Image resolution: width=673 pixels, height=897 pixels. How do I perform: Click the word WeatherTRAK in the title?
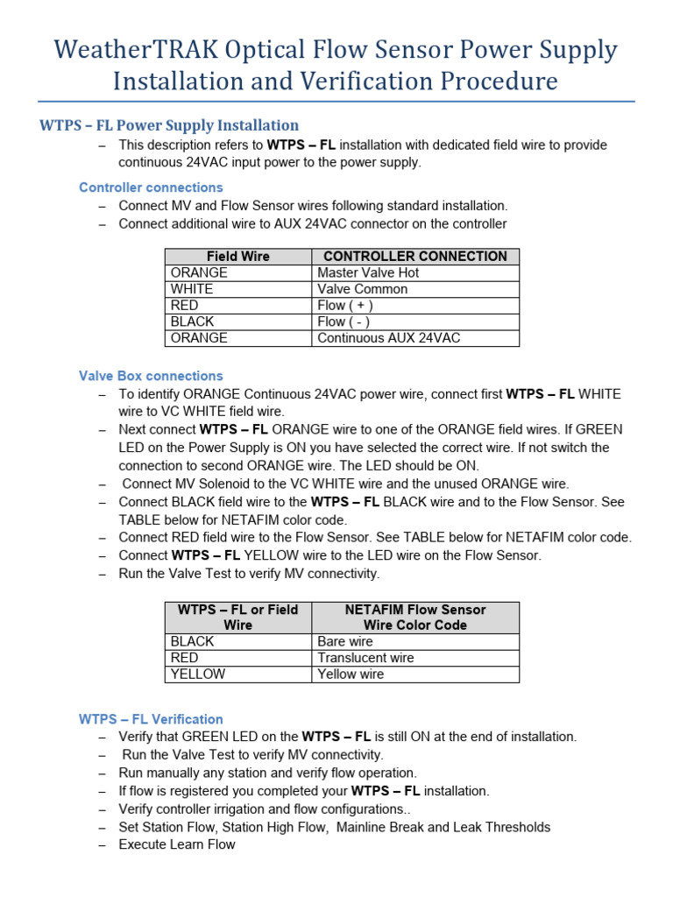(x=136, y=49)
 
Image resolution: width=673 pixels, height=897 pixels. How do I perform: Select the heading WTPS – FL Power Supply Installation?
(x=169, y=125)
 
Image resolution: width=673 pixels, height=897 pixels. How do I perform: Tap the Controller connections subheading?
(x=151, y=187)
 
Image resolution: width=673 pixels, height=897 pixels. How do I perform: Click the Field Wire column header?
(x=238, y=257)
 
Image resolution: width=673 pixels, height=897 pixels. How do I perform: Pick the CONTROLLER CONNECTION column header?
(x=415, y=257)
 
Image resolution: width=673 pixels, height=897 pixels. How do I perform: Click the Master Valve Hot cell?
(x=368, y=273)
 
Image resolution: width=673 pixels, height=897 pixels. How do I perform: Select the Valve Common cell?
(x=362, y=289)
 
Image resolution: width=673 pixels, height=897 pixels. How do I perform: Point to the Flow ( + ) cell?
(x=345, y=306)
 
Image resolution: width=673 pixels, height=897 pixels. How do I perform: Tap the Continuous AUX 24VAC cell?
(x=388, y=338)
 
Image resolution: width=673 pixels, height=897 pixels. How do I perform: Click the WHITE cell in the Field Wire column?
(x=192, y=289)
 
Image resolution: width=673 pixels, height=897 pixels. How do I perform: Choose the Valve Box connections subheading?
(x=151, y=376)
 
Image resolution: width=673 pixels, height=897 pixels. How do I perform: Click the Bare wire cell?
(x=345, y=642)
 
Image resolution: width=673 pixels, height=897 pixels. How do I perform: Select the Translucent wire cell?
(x=365, y=658)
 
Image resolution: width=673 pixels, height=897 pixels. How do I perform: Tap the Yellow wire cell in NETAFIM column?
(x=351, y=675)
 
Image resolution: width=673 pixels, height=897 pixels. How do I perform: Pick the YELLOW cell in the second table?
(x=198, y=675)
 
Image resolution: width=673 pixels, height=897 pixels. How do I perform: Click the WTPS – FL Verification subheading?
(x=151, y=719)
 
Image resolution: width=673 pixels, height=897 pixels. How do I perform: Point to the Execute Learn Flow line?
(x=177, y=844)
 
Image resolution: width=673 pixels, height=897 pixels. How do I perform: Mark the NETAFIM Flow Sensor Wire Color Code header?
(x=415, y=618)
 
